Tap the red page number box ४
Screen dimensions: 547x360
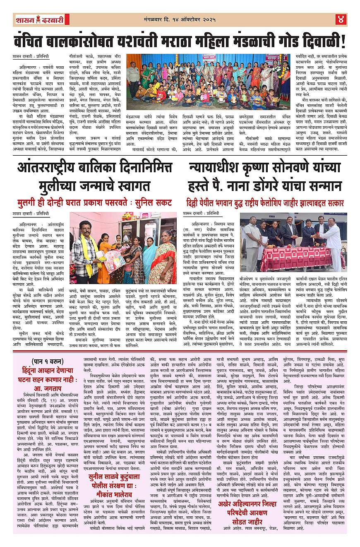(341, 19)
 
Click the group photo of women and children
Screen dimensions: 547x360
(208, 82)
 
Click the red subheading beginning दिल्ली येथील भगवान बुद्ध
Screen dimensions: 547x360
(265, 203)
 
